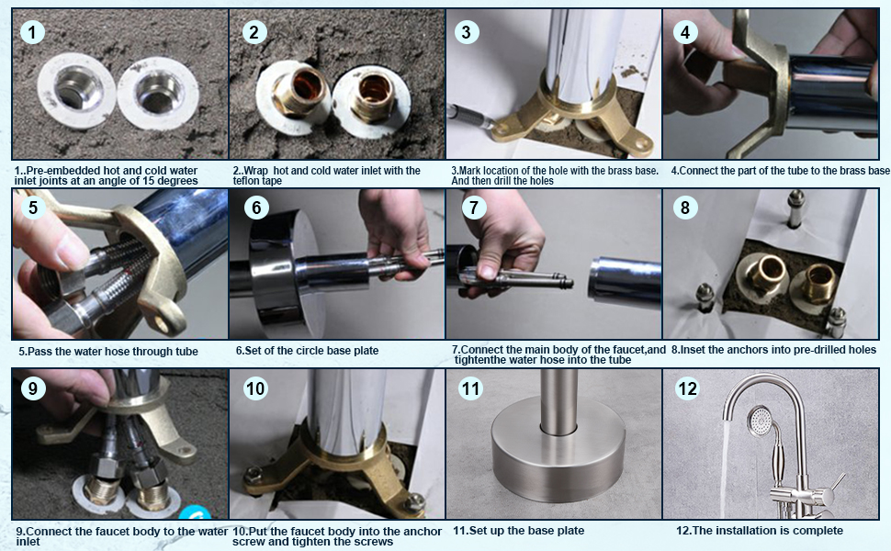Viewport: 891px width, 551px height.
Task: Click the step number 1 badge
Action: pos(32,32)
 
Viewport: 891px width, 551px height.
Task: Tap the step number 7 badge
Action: pos(474,208)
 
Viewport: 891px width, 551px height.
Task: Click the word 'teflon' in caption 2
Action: pos(246,181)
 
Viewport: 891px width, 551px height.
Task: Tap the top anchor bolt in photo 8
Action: pos(795,208)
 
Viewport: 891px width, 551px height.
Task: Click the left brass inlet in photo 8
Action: pos(762,277)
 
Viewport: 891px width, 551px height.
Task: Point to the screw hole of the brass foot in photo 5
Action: pos(162,324)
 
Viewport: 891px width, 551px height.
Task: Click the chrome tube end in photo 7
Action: pos(624,278)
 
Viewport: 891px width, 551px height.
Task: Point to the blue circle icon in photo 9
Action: pos(196,512)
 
